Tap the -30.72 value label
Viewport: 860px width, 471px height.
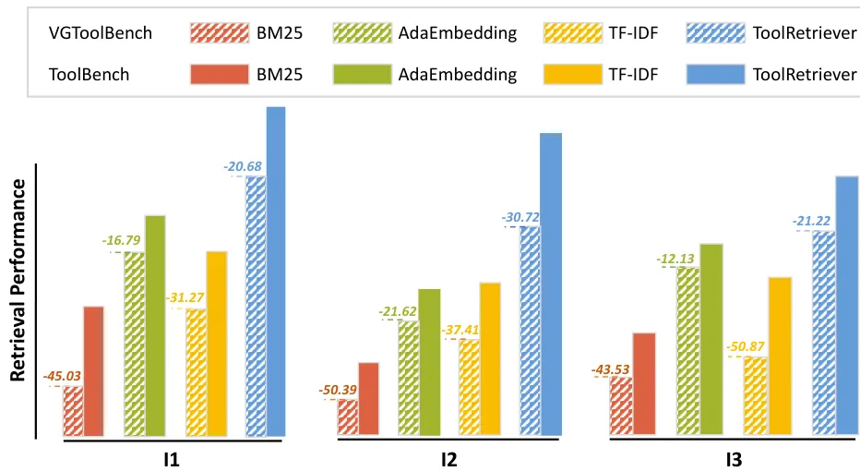[x=520, y=217]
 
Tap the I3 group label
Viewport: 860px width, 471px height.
[x=725, y=459]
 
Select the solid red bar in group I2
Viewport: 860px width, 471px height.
[x=368, y=398]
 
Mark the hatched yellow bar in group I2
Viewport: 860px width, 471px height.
[x=470, y=386]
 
